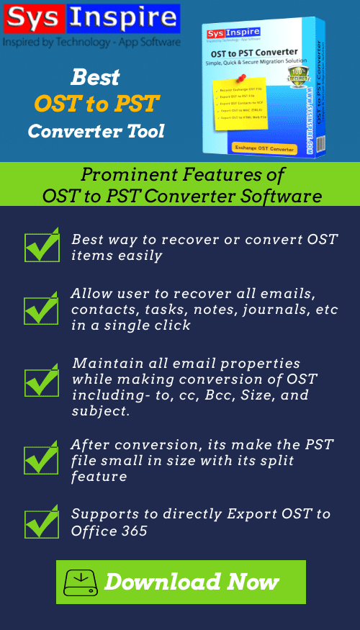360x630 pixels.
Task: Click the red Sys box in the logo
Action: click(32, 20)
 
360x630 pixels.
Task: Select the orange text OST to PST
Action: click(96, 104)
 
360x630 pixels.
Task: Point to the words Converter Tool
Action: click(96, 131)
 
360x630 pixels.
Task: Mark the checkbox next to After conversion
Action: click(42, 459)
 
